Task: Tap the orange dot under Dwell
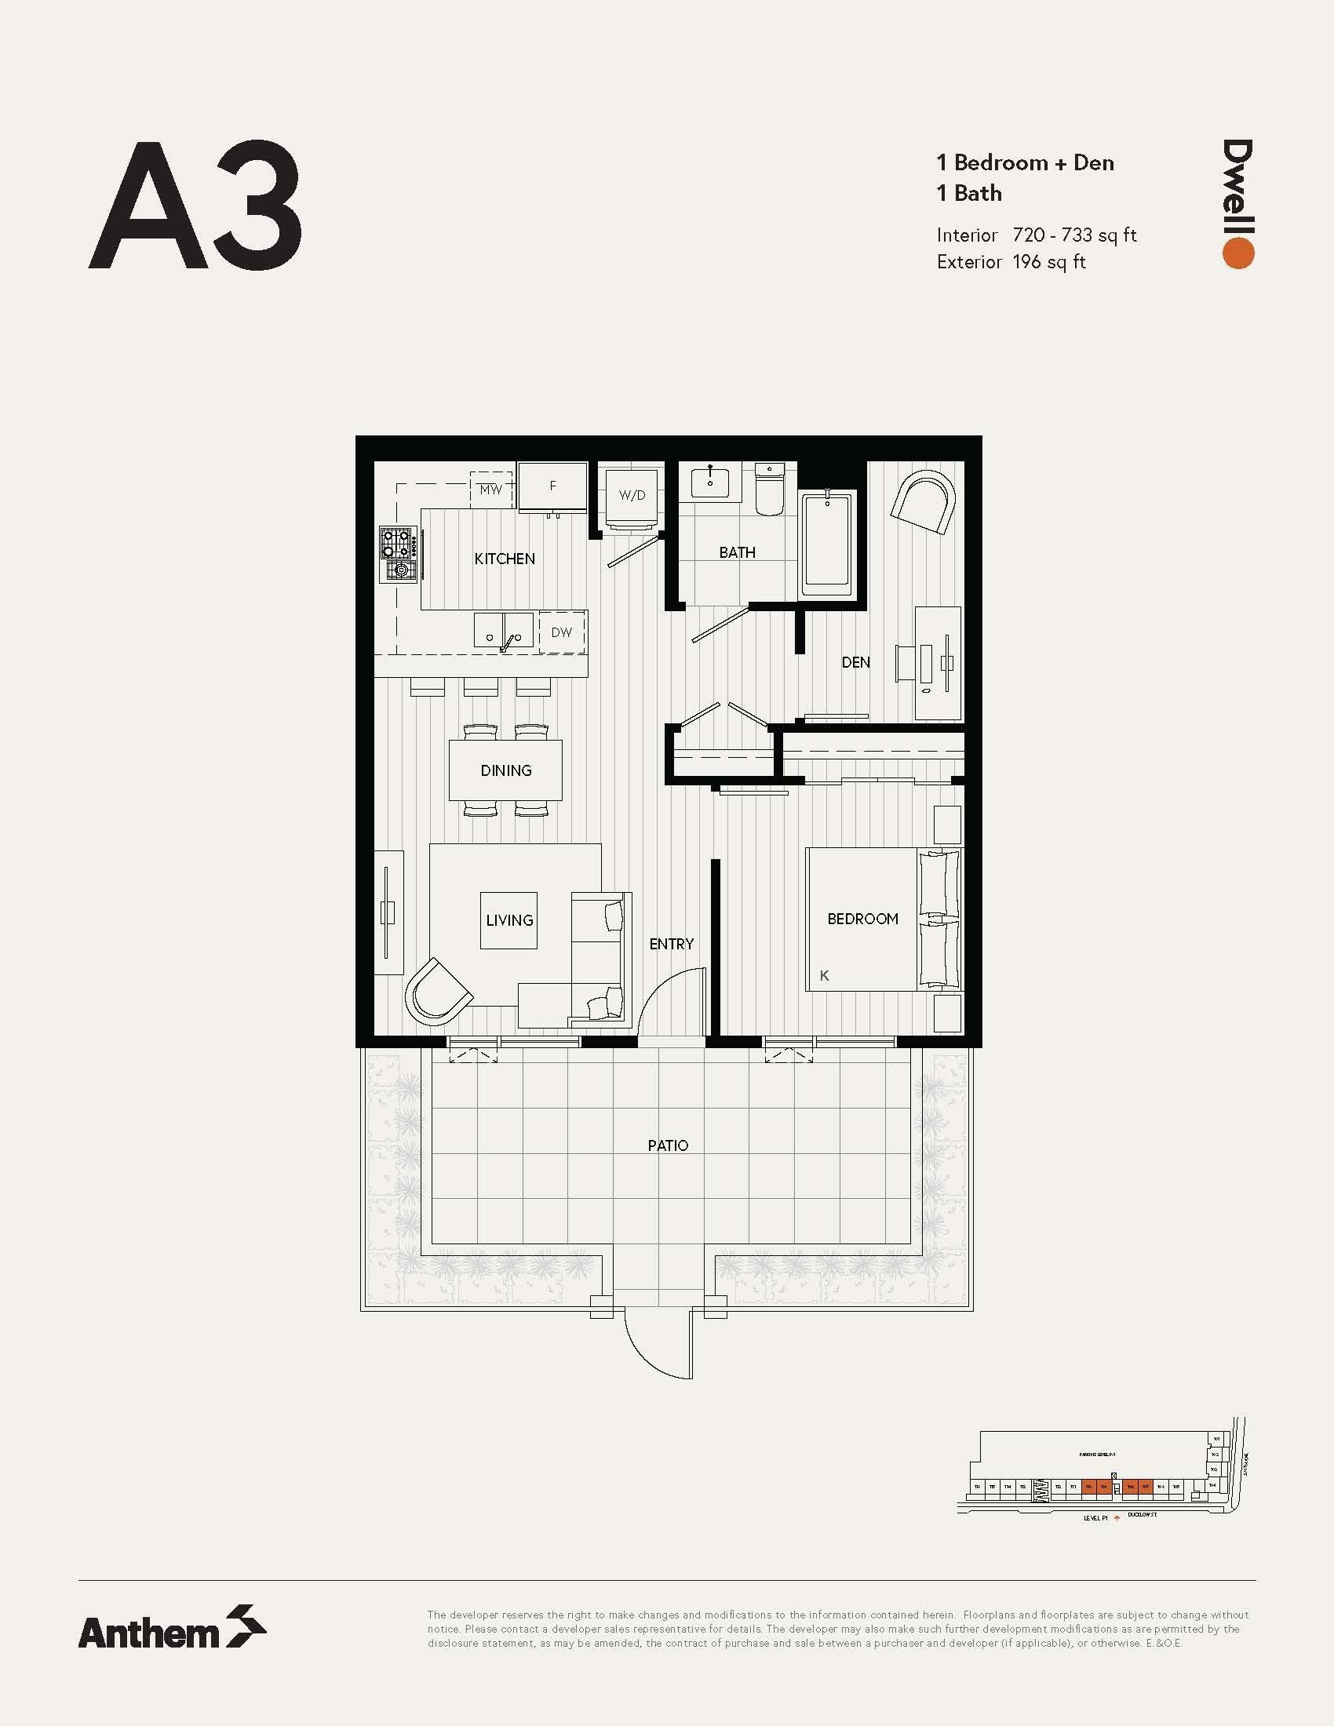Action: click(x=1238, y=253)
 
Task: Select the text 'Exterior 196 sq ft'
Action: click(x=1011, y=262)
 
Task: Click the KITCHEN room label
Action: click(x=505, y=559)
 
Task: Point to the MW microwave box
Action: click(x=490, y=490)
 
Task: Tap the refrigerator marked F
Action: click(x=552, y=487)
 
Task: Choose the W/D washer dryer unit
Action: click(x=632, y=497)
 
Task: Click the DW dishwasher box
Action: click(x=562, y=632)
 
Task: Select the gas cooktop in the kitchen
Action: click(x=399, y=555)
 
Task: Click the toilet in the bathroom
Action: click(x=768, y=490)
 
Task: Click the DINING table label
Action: click(x=506, y=770)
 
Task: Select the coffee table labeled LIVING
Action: click(x=509, y=921)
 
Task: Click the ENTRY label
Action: click(x=671, y=944)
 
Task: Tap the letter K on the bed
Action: click(x=824, y=976)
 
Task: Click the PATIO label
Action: click(x=668, y=1145)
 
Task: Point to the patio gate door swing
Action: click(x=658, y=1344)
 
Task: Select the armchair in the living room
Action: click(x=436, y=993)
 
